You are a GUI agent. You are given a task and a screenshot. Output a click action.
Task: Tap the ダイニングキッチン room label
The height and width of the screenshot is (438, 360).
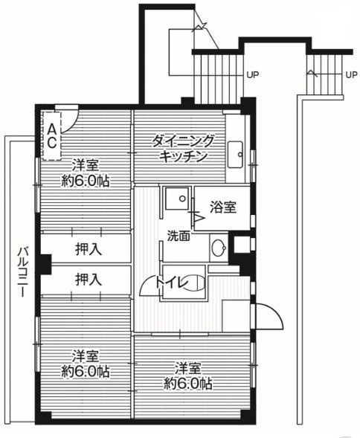pos(183,148)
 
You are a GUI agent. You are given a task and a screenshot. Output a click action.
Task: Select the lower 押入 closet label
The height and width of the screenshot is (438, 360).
pos(88,280)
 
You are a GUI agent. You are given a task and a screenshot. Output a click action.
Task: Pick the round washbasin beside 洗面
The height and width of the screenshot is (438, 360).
pos(218,248)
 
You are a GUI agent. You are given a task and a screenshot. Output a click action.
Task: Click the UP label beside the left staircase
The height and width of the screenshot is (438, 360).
pos(253,74)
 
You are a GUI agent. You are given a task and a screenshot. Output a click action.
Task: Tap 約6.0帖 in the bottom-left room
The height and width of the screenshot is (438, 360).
pos(86,370)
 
